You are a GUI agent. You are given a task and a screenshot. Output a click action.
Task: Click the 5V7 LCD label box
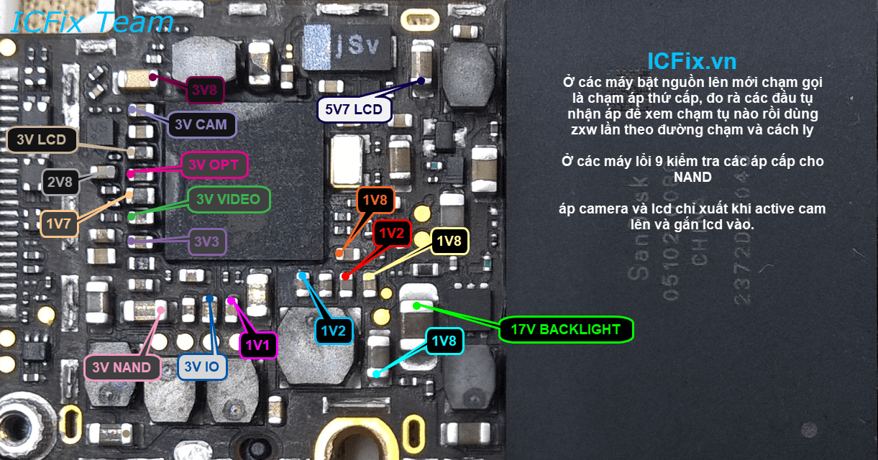(355, 110)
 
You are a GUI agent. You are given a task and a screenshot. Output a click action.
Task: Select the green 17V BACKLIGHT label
(566, 330)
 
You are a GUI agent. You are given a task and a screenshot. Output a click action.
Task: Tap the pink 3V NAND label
(122, 368)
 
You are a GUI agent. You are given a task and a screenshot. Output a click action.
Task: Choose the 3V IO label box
(202, 368)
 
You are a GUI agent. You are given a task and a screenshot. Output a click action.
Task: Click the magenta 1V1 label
(257, 346)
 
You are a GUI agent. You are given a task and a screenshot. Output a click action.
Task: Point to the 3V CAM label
(201, 124)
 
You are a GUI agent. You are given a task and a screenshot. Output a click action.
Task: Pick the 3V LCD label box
(42, 140)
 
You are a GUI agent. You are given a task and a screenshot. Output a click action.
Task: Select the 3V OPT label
(214, 165)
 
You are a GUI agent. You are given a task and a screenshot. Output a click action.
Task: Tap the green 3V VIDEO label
(229, 200)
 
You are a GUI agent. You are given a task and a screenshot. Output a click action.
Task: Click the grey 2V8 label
(59, 182)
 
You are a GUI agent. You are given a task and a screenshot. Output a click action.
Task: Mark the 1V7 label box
(59, 224)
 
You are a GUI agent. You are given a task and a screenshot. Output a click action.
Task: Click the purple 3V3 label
(206, 242)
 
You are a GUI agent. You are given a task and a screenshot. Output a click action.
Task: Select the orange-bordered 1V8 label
(375, 201)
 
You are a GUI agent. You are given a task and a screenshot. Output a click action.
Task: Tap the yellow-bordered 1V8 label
(449, 241)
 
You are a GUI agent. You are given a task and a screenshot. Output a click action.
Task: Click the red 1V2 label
(393, 233)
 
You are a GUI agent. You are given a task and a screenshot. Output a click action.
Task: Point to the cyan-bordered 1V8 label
(444, 341)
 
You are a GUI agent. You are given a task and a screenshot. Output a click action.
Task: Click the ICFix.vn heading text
(692, 60)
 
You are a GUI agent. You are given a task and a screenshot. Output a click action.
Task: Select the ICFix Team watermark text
(92, 22)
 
